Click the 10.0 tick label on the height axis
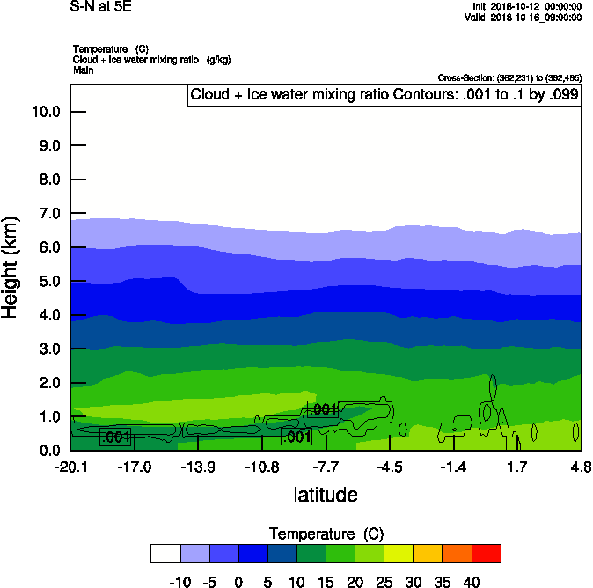coord(45,112)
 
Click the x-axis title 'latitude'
coord(326,495)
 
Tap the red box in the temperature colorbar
coord(487,554)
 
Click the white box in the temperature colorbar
coord(165,554)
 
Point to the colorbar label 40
coord(472,582)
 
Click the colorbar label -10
coord(179,582)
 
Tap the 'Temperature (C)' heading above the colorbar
coord(326,534)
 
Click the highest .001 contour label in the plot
coord(323,409)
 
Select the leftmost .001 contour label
coord(116,437)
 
